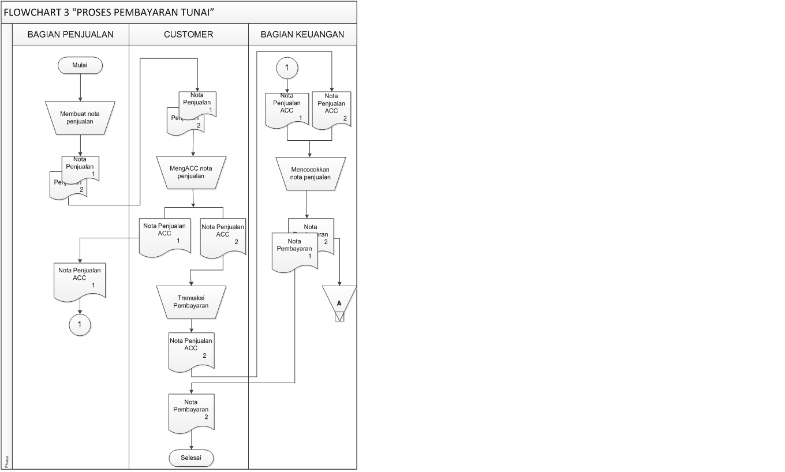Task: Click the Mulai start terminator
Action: point(80,66)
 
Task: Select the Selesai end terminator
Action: point(191,458)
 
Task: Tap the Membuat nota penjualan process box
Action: point(80,118)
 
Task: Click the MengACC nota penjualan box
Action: point(191,173)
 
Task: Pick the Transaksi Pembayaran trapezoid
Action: point(191,302)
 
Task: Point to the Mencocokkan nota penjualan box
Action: point(311,174)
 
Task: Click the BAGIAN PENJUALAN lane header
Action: point(70,34)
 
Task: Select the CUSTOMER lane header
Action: point(188,34)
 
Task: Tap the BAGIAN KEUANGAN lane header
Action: point(302,34)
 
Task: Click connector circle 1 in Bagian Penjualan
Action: point(80,325)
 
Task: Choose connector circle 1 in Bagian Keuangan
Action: point(287,68)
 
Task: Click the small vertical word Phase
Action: point(7,461)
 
